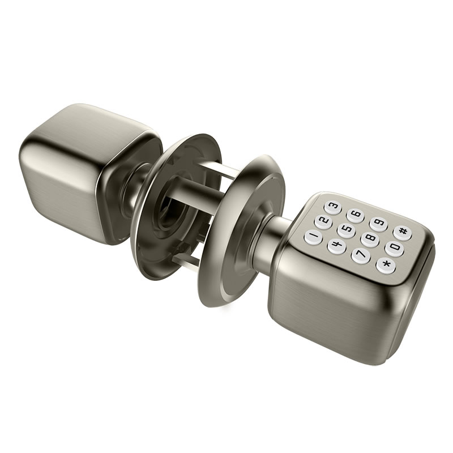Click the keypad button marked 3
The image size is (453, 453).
pyautogui.click(x=333, y=207)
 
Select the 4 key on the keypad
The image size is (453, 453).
pyautogui.click(x=336, y=246)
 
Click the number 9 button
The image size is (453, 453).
pyautogui.click(x=378, y=223)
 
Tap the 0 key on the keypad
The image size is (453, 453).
pyautogui.click(x=394, y=247)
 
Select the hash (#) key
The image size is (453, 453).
pyautogui.click(x=403, y=232)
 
